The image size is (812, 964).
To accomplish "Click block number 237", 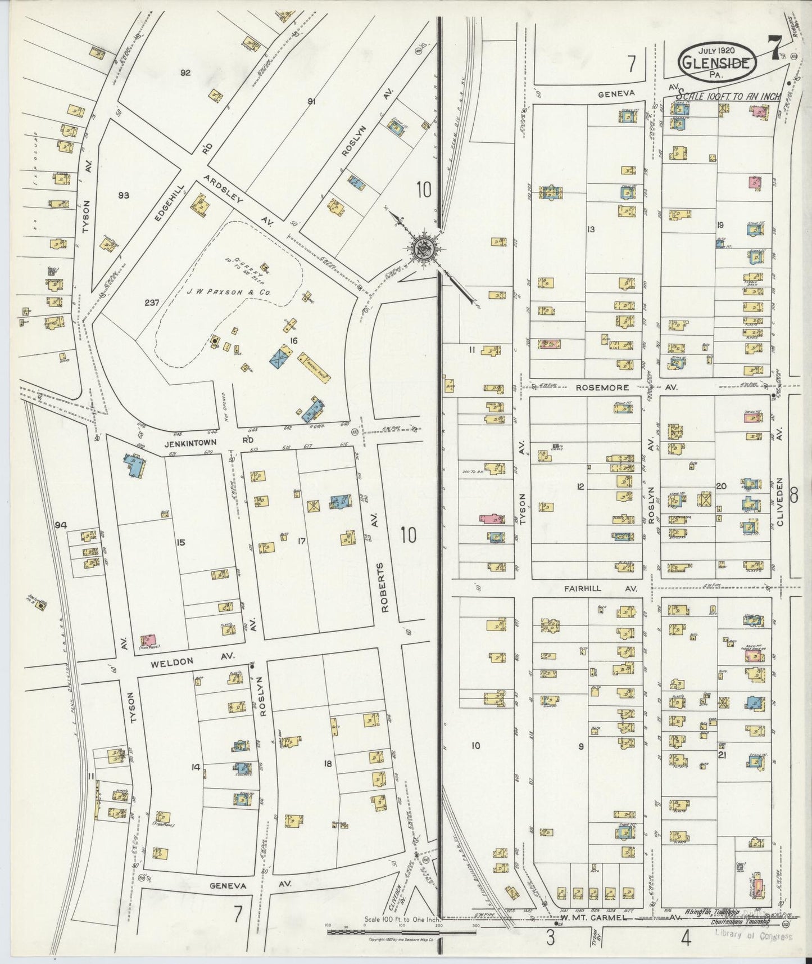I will click(x=152, y=301).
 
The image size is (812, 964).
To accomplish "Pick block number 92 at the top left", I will click(x=186, y=73).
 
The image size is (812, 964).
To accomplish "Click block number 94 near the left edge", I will click(x=61, y=525).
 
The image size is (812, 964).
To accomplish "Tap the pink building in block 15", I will click(x=148, y=640).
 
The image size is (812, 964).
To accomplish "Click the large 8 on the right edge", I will click(x=793, y=495).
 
